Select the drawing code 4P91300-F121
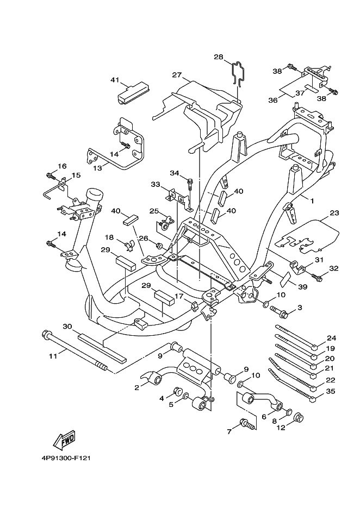[x=65, y=457]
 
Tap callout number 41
[x=114, y=80]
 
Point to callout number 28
[x=218, y=57]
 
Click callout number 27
[x=176, y=75]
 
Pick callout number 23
[x=334, y=213]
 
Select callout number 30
[x=67, y=327]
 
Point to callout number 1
[x=312, y=201]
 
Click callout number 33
[x=156, y=185]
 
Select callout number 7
[x=229, y=431]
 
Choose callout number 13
[x=97, y=168]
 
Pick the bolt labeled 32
[x=319, y=278]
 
